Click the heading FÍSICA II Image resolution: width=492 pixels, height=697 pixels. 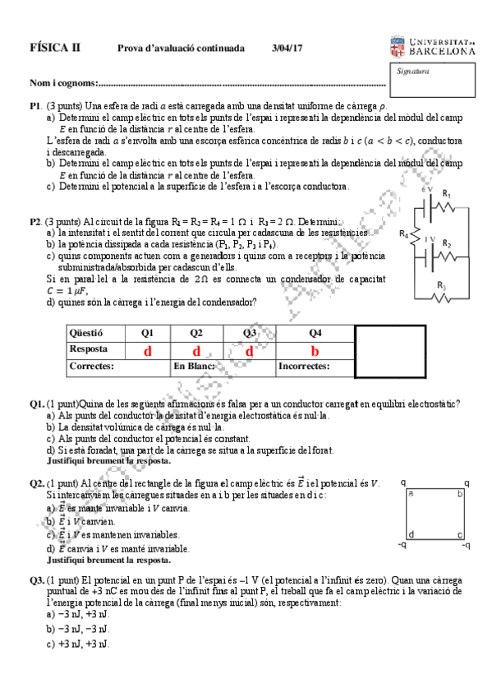click(55, 48)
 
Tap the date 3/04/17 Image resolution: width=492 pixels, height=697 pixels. click(287, 48)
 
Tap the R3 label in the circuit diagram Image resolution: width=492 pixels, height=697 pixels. click(442, 285)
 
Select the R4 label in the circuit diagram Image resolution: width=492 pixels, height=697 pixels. click(403, 234)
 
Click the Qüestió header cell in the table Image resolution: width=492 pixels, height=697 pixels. click(86, 334)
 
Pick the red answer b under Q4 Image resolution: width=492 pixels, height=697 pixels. click(314, 351)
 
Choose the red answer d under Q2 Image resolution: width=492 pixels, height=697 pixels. click(196, 351)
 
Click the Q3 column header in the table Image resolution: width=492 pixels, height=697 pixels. click(250, 334)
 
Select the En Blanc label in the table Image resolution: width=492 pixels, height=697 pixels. click(195, 367)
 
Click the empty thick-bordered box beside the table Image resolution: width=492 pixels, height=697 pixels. click(389, 351)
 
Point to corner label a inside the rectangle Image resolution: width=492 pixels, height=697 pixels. click(411, 494)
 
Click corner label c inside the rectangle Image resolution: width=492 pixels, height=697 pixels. click(459, 534)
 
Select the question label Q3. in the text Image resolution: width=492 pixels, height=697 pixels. click(37, 580)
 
